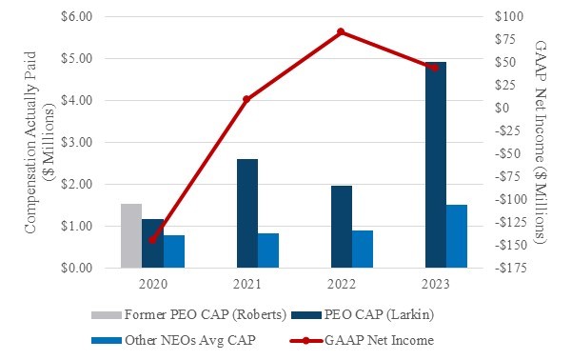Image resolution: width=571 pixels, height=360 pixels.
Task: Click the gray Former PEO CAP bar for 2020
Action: coord(131,235)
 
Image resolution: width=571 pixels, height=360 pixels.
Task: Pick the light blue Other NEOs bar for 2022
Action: coord(363,249)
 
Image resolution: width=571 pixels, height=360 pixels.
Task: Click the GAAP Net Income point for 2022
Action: coord(341,32)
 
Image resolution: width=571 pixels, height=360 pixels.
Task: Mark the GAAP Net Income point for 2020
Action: coord(152,240)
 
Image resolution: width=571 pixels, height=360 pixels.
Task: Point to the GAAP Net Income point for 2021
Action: coord(246,99)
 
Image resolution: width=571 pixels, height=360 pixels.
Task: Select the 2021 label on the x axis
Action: coord(246,284)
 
